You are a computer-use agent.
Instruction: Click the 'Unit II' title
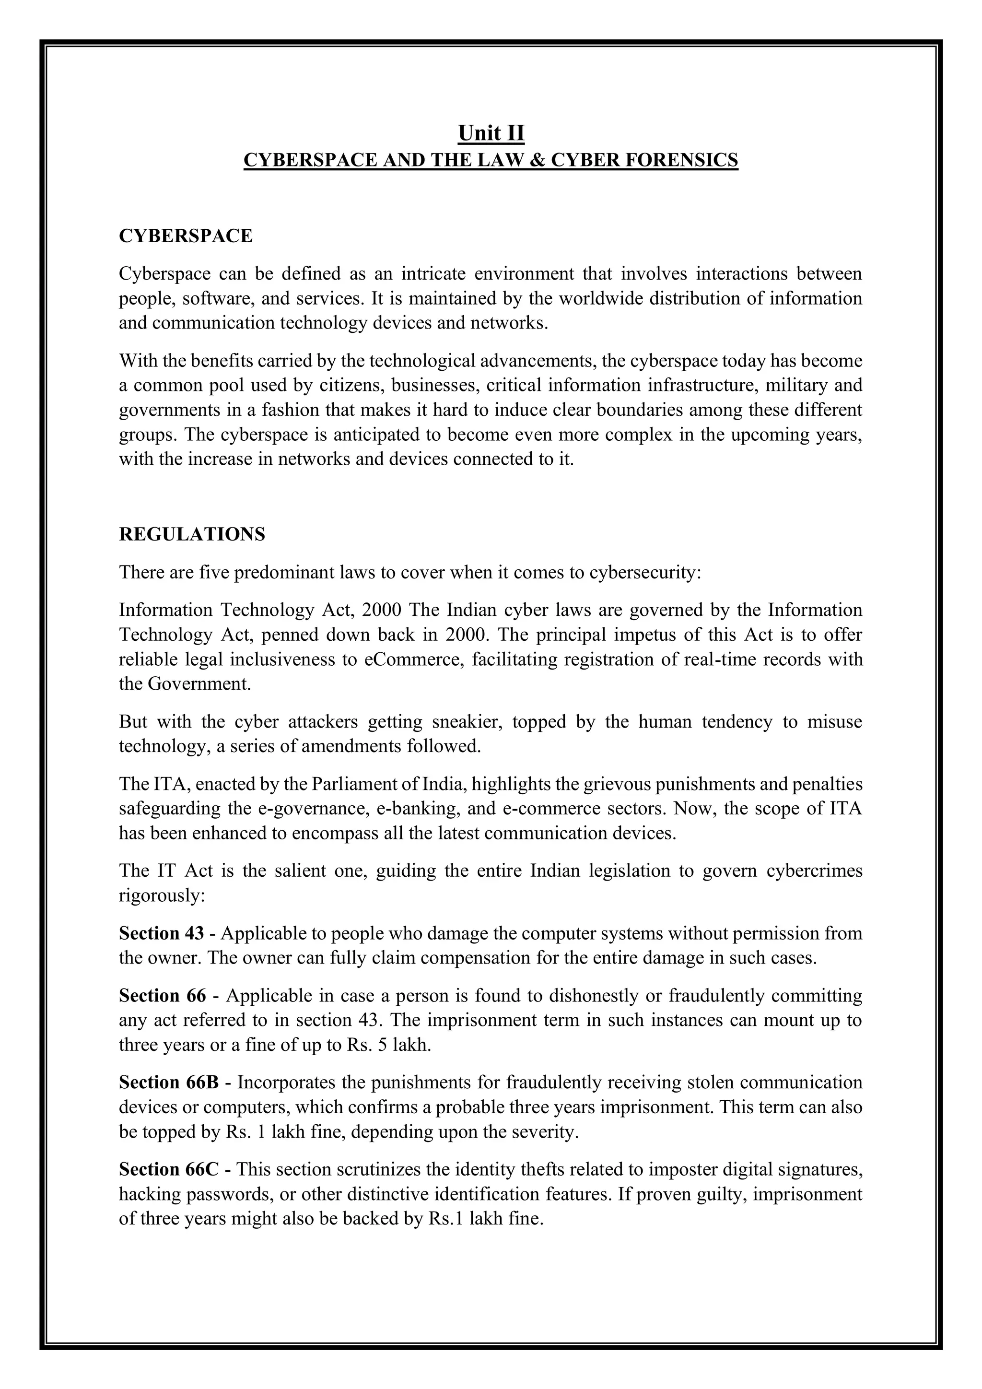[491, 132]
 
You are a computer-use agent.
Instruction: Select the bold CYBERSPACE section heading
[186, 236]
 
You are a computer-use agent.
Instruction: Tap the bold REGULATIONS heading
[192, 534]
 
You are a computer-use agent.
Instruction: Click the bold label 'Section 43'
[162, 933]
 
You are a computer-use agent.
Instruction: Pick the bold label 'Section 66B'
[169, 1082]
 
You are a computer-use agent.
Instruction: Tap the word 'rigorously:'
[163, 895]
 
